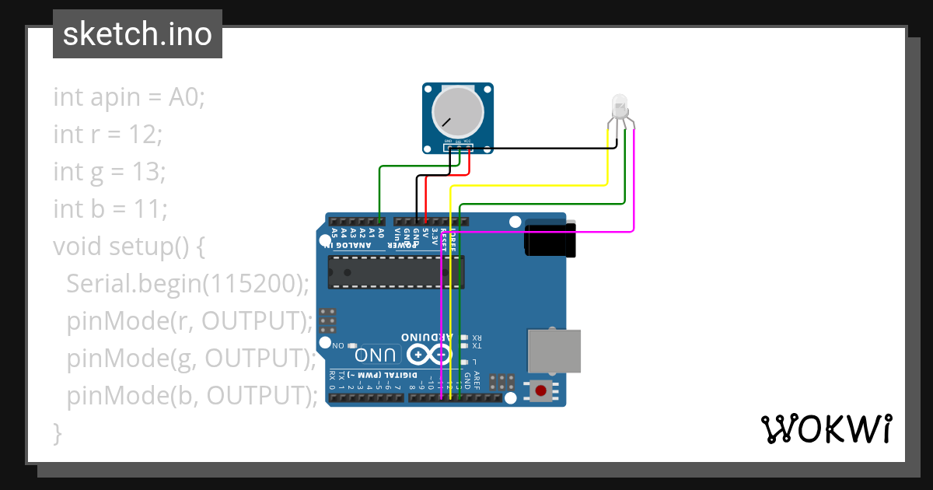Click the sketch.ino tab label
tap(137, 34)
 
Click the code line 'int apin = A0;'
tap(128, 97)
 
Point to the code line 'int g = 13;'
tap(109, 172)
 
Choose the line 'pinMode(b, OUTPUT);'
tap(192, 395)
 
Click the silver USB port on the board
tap(554, 350)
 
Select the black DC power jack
tap(550, 238)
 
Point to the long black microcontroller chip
tap(396, 271)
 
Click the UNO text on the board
tap(376, 355)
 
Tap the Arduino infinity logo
tap(428, 355)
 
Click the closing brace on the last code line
tap(57, 432)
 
